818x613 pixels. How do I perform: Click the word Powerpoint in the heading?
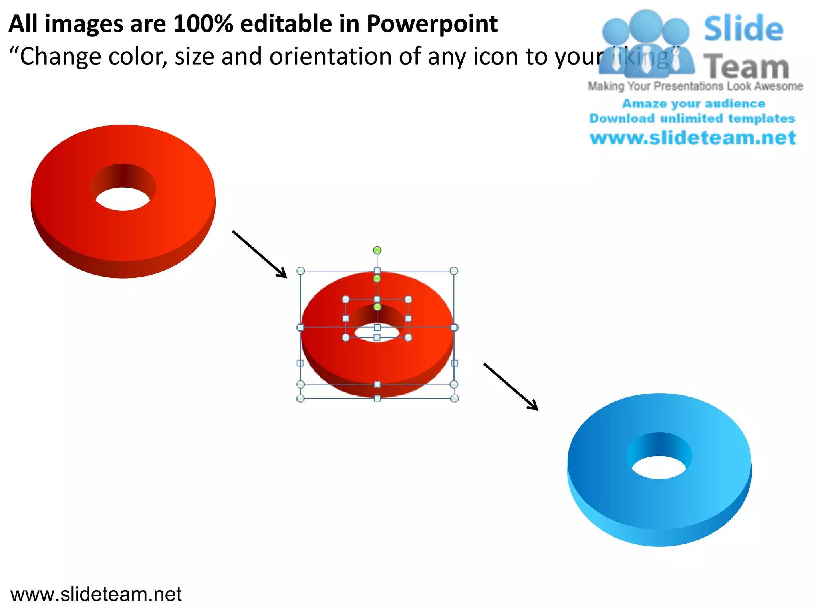point(432,24)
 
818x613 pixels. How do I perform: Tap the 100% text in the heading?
point(203,24)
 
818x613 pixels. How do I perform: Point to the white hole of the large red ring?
point(123,199)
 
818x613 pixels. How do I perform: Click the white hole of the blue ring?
point(659,467)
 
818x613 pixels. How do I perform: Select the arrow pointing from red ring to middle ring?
point(260,254)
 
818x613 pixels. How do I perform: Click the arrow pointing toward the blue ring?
point(511,386)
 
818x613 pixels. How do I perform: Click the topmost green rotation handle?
point(377,250)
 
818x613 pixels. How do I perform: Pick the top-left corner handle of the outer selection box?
point(301,271)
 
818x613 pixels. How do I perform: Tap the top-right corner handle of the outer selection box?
point(453,271)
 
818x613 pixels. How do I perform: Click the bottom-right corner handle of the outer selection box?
point(454,398)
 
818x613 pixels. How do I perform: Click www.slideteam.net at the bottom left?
point(96,594)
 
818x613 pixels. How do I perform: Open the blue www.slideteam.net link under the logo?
point(693,138)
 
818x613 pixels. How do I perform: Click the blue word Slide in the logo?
point(743,29)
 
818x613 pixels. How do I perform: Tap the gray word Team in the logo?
point(746,67)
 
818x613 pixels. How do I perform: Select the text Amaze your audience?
point(693,104)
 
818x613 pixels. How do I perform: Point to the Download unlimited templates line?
point(692,119)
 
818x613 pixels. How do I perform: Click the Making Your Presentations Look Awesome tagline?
point(695,86)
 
